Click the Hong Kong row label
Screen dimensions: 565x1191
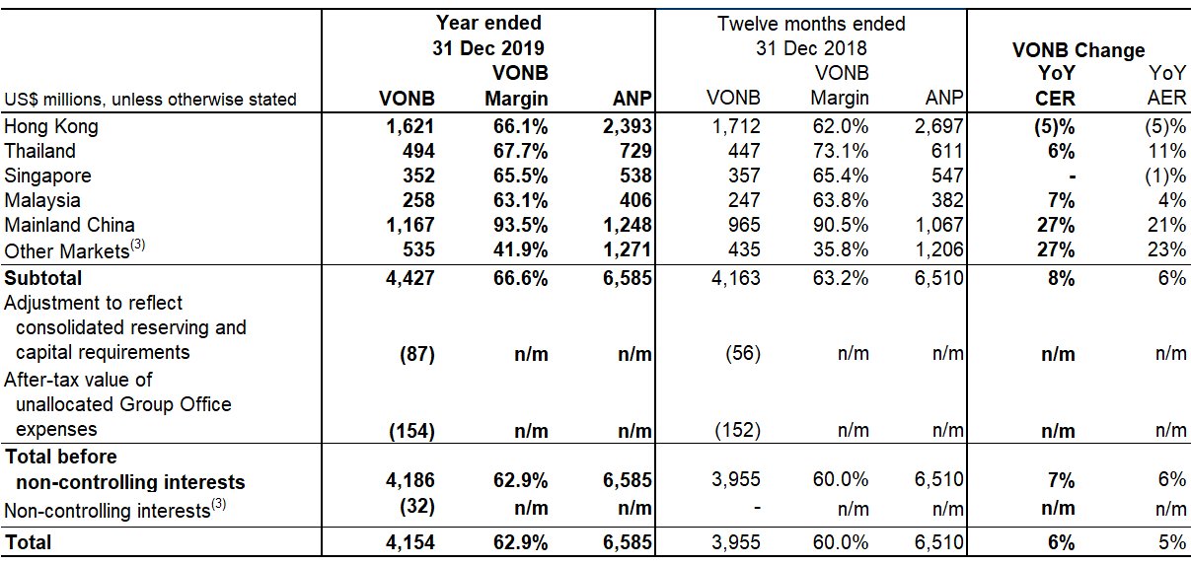(51, 126)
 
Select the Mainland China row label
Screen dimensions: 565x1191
(69, 225)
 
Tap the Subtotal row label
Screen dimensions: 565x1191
(43, 278)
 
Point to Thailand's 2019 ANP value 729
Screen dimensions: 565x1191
(634, 151)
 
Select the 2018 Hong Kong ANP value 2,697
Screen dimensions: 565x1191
(937, 126)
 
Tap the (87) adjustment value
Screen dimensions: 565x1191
(414, 353)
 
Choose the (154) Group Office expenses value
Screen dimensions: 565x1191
(410, 430)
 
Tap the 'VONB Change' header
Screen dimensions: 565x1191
(1079, 50)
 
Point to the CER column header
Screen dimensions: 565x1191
(1055, 99)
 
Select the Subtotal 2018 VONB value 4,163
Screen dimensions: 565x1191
(735, 278)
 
